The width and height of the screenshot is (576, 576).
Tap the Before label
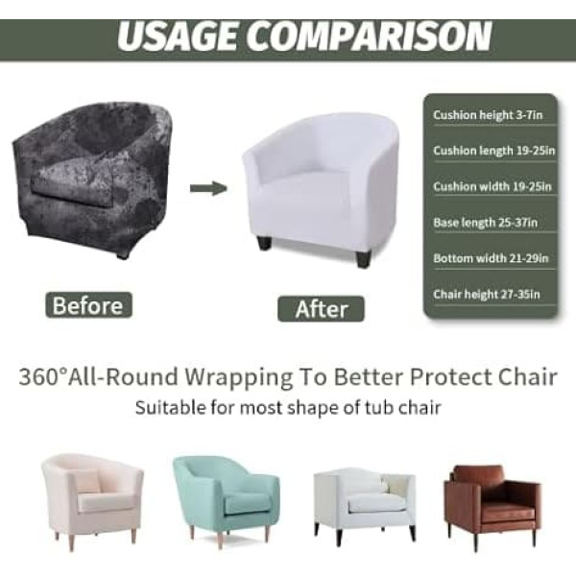tap(87, 306)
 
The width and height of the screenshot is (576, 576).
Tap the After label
tap(321, 308)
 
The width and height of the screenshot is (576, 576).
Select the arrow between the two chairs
tap(208, 187)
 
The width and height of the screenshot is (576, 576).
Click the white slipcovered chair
tap(322, 187)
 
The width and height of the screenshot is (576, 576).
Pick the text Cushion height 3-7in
tap(484, 116)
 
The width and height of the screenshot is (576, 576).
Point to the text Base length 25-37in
tap(485, 223)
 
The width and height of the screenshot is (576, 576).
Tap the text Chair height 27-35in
tap(486, 294)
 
